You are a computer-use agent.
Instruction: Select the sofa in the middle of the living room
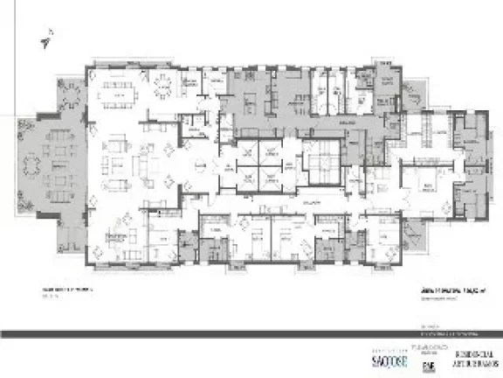[x=142, y=164]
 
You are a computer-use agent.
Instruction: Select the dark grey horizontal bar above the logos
[x=251, y=333]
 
